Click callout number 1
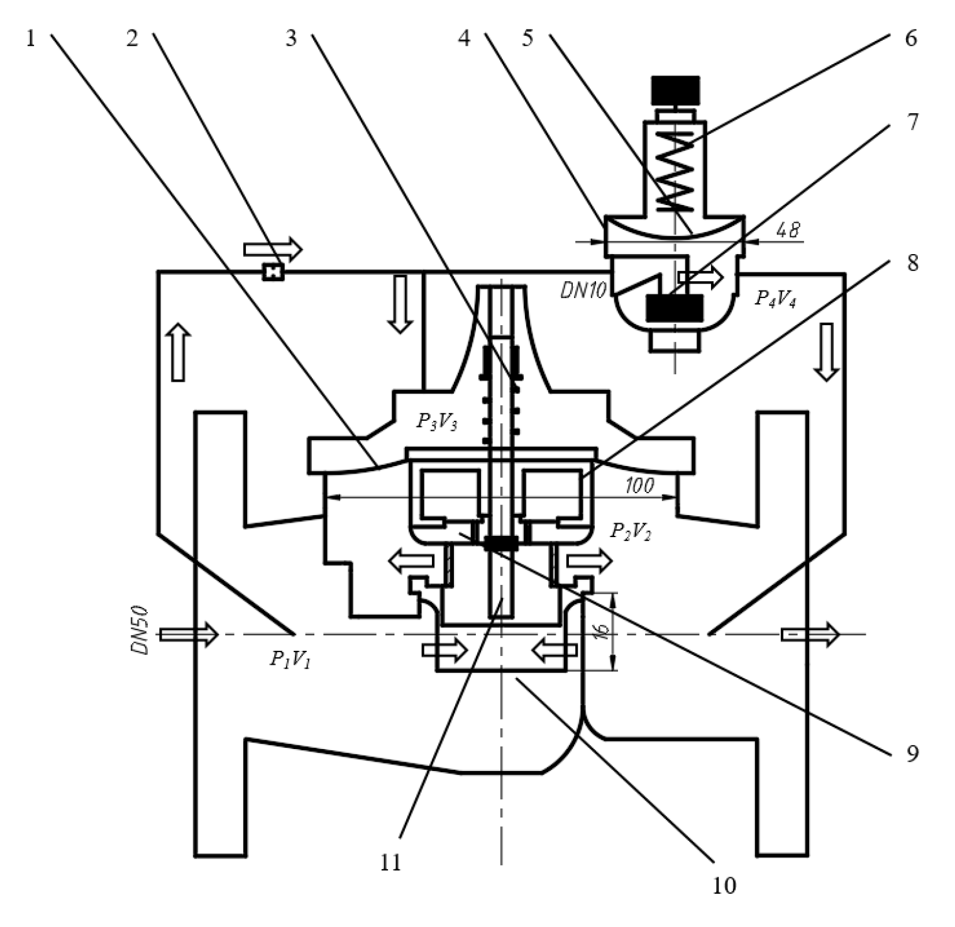point(31,39)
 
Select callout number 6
point(911,39)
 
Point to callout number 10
point(724,885)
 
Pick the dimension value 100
point(640,485)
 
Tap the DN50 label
point(141,630)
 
